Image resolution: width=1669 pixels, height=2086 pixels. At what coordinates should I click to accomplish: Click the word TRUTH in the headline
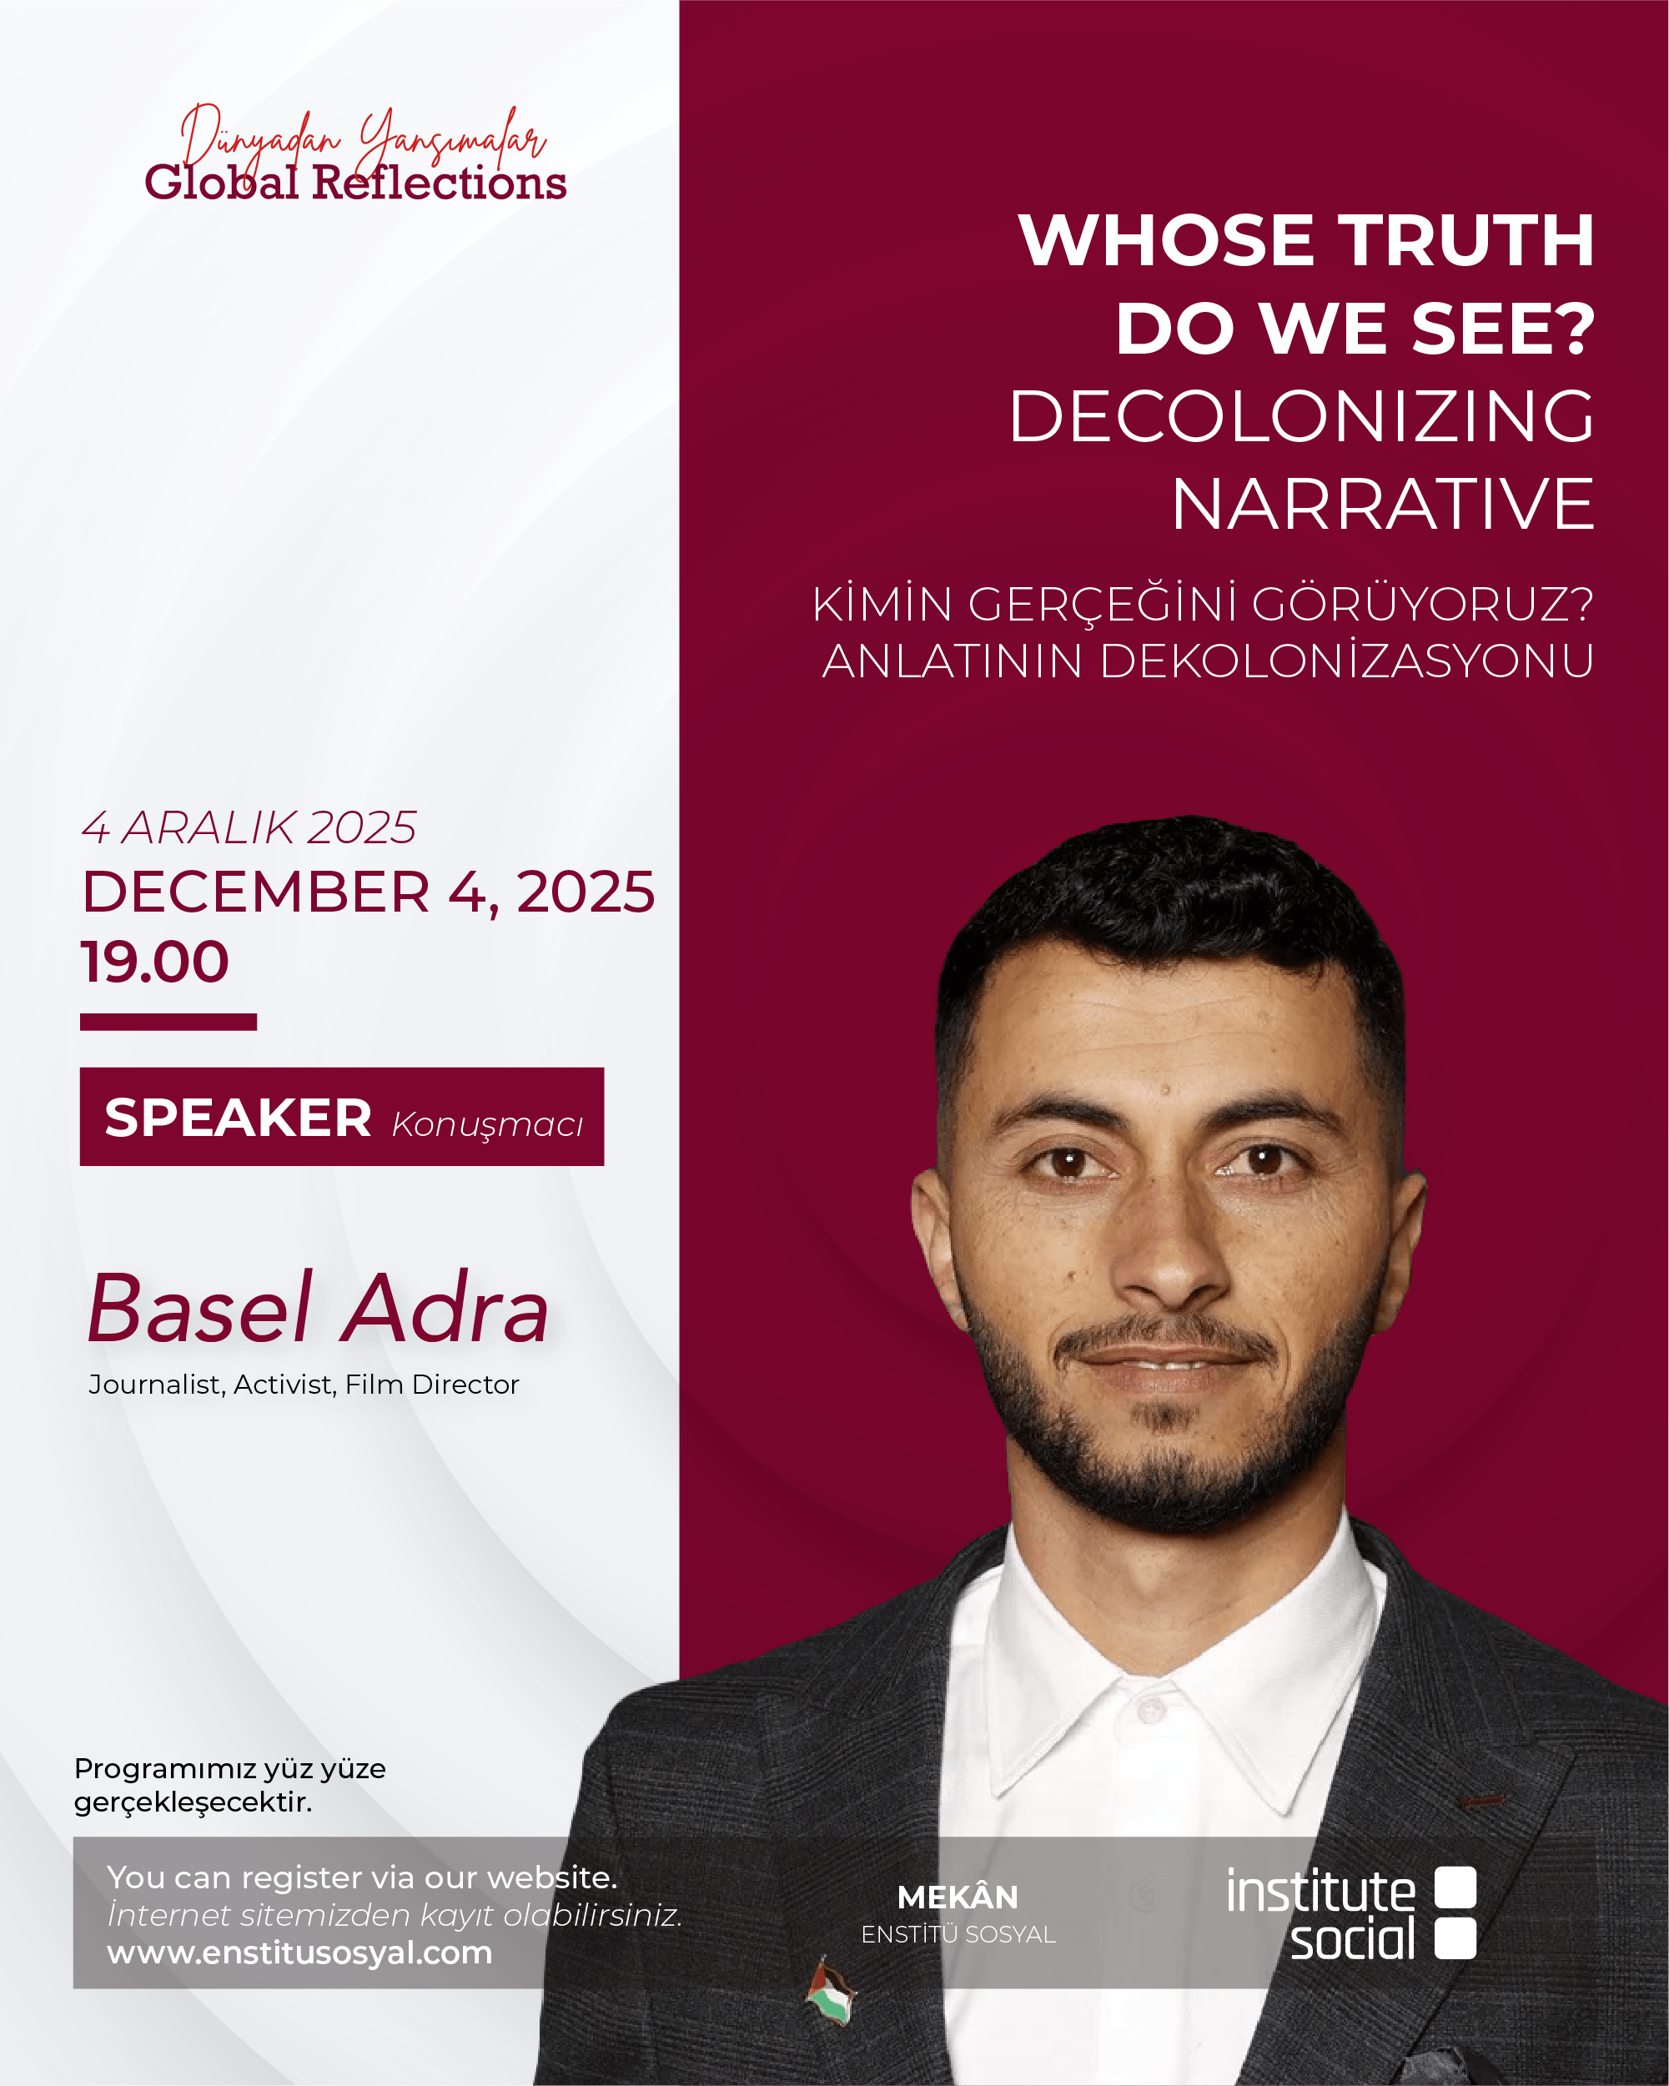coord(1467,240)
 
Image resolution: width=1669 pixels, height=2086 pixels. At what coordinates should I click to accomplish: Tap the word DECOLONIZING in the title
coord(1301,416)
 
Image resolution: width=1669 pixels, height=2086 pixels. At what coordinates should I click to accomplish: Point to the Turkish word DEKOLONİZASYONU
coord(1347,661)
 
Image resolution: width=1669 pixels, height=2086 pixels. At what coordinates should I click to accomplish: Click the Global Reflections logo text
coord(355,183)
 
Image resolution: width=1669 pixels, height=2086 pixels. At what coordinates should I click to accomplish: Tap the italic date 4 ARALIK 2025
coord(249,828)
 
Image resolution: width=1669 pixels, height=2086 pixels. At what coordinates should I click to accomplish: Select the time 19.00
coord(155,962)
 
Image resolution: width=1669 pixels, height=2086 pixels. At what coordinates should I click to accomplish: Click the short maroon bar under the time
coord(168,1022)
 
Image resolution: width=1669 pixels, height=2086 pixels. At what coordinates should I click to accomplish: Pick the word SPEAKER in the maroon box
coord(238,1118)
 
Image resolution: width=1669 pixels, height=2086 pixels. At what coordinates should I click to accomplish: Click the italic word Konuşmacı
coord(488,1125)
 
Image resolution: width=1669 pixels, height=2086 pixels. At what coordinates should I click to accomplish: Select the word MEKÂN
coord(958,1897)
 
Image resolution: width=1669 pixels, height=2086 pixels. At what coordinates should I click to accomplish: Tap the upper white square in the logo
coord(1455,1887)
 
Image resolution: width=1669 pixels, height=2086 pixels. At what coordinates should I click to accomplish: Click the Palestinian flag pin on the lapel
coord(831,1992)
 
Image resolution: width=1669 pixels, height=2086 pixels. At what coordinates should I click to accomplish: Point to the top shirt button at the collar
coord(1150,1712)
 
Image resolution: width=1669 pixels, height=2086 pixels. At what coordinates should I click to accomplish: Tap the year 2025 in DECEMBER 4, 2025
coord(586,892)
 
